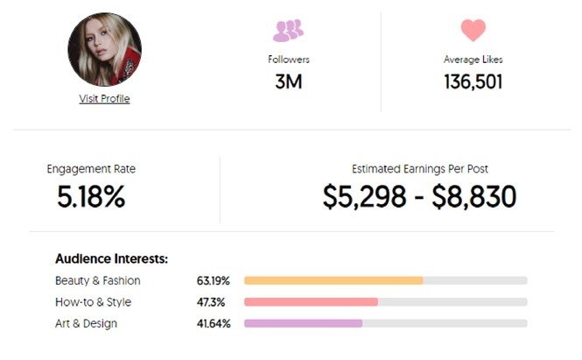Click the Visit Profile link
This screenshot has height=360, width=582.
click(104, 99)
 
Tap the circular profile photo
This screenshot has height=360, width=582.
click(104, 49)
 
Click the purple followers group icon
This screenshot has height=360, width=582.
click(289, 31)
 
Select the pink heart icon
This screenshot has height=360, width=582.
click(473, 30)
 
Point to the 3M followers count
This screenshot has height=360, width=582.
click(289, 81)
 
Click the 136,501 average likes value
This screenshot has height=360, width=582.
click(473, 82)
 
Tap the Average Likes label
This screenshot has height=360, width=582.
click(473, 60)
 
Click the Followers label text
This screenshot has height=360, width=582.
click(289, 60)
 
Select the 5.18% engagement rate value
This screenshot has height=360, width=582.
click(91, 196)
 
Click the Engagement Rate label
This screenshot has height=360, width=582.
click(91, 169)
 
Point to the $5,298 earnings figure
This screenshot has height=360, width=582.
click(364, 196)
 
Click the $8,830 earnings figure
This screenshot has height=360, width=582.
click(474, 196)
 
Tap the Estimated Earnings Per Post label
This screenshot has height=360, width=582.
click(420, 169)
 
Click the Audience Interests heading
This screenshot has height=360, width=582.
click(111, 259)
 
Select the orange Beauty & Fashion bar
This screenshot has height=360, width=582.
click(333, 280)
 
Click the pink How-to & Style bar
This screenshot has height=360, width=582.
click(311, 302)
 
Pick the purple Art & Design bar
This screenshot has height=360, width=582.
click(303, 323)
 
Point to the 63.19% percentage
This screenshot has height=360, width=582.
click(213, 281)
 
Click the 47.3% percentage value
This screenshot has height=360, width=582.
click(211, 302)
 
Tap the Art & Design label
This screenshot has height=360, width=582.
click(86, 323)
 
